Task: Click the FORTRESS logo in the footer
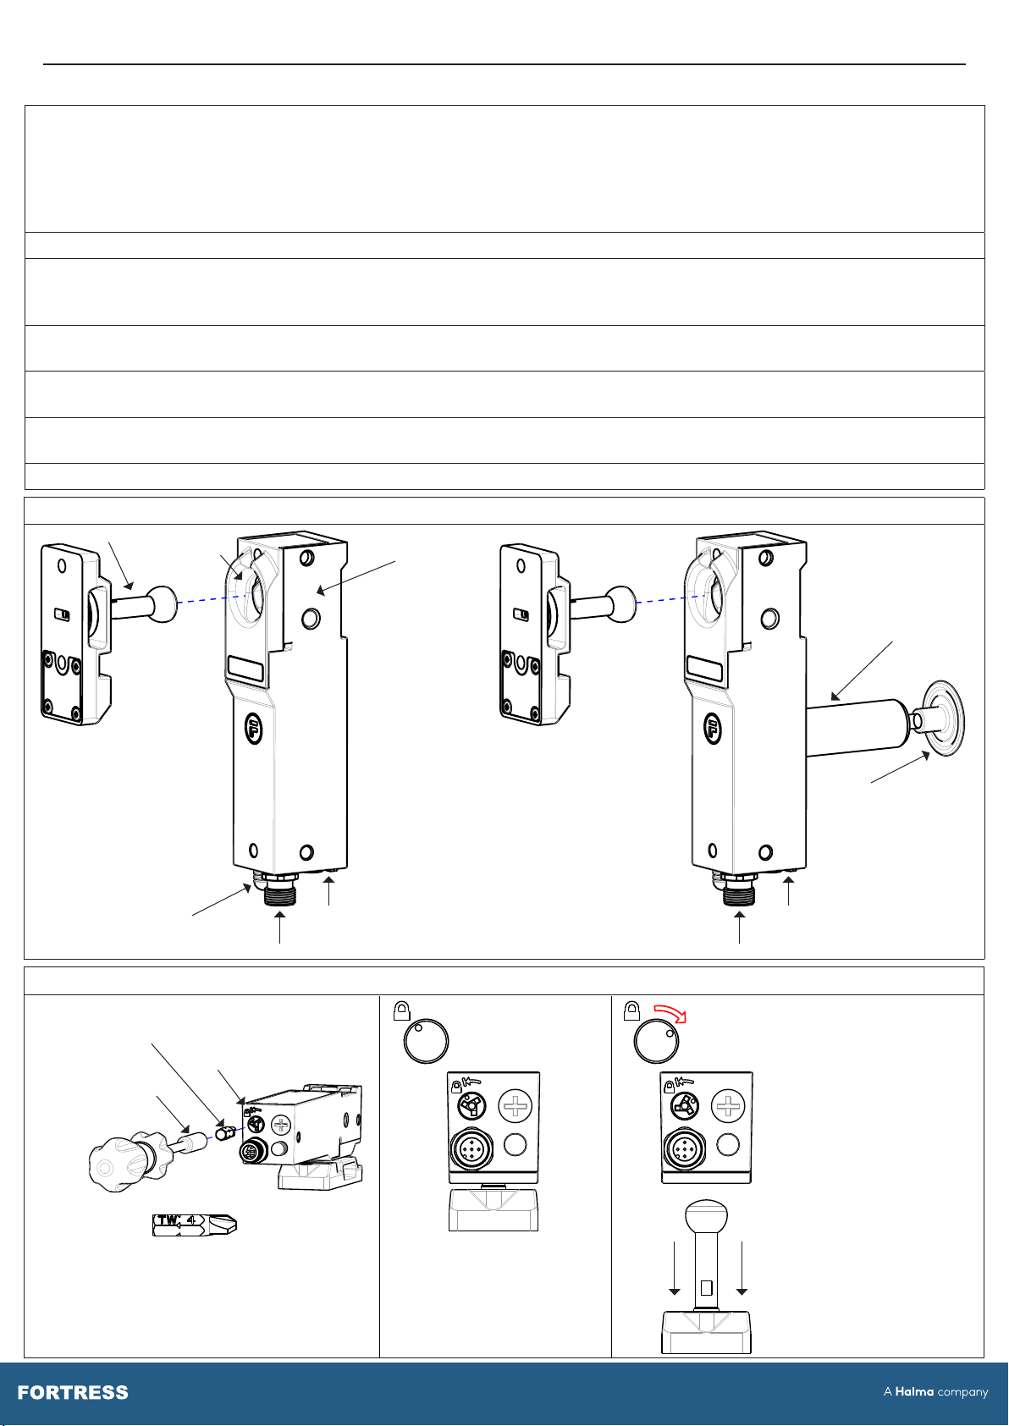[x=73, y=1392]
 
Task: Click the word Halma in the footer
[x=914, y=1391]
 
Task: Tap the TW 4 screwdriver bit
[x=194, y=1224]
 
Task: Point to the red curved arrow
[x=670, y=1013]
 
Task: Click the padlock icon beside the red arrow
[x=631, y=1010]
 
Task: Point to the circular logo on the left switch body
[x=254, y=729]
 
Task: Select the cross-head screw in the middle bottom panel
[x=515, y=1105]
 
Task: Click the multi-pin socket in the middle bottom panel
[x=471, y=1150]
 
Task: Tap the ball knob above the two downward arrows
[x=706, y=1217]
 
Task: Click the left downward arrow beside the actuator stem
[x=674, y=1268]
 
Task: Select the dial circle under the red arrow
[x=656, y=1042]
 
